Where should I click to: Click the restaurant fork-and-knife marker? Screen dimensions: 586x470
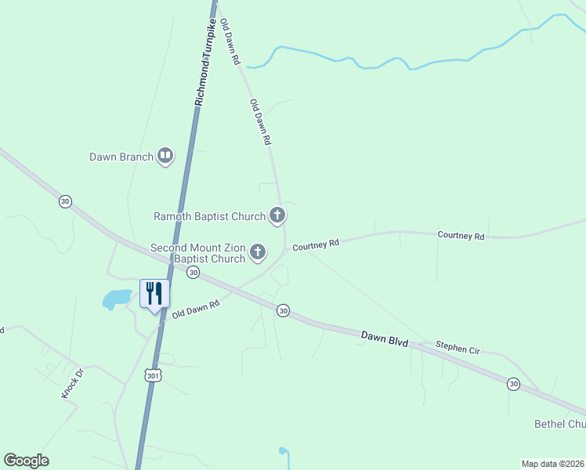[x=154, y=294]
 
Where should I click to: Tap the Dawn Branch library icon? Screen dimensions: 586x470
[x=165, y=157]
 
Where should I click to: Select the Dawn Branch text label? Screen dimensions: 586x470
[x=121, y=157]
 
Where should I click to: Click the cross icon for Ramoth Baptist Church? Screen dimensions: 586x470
[x=277, y=215]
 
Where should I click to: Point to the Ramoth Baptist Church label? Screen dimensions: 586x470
[x=209, y=215]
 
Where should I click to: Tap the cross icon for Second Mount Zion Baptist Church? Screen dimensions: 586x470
[x=258, y=252]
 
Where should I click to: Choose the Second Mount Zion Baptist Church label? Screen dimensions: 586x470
[x=198, y=253]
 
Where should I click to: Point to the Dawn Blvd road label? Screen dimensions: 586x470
[x=385, y=338]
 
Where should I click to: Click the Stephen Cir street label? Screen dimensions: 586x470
[x=457, y=348]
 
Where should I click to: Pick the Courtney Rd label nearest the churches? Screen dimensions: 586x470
[x=316, y=245]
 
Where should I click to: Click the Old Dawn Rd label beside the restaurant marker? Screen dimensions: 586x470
[x=196, y=309]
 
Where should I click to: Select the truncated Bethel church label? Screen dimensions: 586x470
[x=559, y=424]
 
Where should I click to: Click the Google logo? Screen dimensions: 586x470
[x=26, y=461]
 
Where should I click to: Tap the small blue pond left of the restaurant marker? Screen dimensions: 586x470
[x=118, y=298]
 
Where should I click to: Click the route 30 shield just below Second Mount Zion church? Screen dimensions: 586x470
[x=193, y=272]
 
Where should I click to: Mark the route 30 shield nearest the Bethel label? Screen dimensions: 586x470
[x=513, y=383]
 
